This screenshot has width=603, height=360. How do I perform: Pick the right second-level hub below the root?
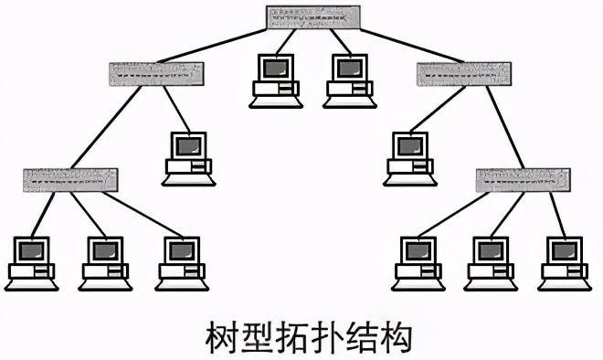pos(463,73)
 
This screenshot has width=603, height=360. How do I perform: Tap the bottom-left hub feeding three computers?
pos(70,178)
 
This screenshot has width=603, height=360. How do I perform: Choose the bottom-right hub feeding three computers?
pos(523,179)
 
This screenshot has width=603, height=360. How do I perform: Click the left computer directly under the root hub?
pos(275,79)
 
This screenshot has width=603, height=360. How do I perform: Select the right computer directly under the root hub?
pos(350,79)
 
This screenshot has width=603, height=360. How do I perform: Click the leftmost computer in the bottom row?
pos(31,261)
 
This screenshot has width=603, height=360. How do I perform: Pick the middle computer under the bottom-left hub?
pos(106,261)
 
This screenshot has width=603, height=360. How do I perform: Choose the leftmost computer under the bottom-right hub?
pos(419,261)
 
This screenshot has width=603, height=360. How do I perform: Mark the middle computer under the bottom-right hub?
pos(492,261)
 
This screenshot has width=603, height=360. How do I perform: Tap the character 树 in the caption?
pos(219,336)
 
